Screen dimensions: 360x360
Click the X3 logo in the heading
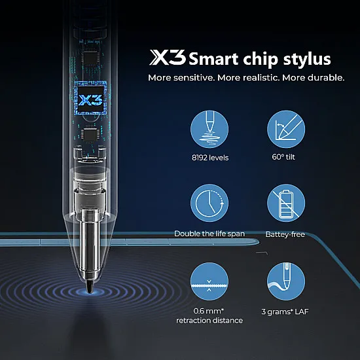pos(168,59)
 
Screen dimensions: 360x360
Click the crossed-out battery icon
pos(286,203)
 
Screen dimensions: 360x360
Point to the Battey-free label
pos(285,234)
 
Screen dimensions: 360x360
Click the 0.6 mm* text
pos(209,310)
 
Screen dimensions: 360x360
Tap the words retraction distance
pos(209,320)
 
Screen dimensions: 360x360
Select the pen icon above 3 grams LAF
pos(286,282)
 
